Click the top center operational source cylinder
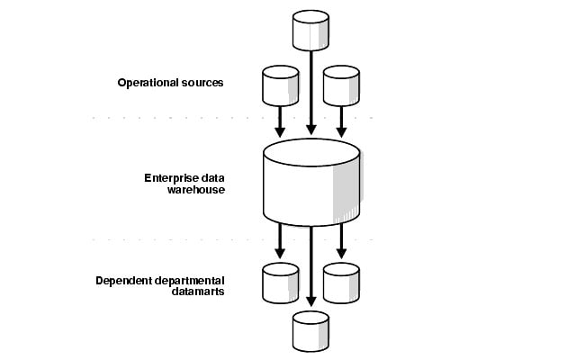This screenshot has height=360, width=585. (x=310, y=31)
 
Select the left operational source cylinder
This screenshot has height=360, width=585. (x=280, y=85)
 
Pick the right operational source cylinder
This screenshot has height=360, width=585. (x=341, y=85)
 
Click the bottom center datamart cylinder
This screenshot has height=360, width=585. (x=310, y=330)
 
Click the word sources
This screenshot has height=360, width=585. (x=202, y=83)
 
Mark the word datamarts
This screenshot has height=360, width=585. (x=123, y=292)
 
